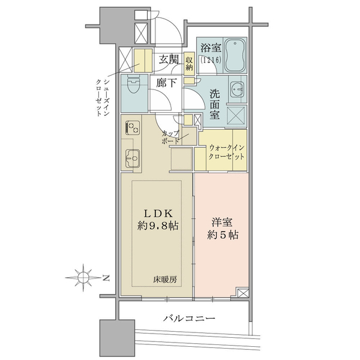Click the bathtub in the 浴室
235,56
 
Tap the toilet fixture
134,85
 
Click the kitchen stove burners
133,127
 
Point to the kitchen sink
133,158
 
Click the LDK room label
158,214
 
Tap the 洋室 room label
222,222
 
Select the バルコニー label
189,319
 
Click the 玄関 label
169,59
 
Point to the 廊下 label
166,83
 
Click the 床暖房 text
165,280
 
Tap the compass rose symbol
83,278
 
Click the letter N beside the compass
106,278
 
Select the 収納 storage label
190,64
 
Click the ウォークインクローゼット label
226,152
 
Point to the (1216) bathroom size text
211,60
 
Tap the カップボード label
170,137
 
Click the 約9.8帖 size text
158,226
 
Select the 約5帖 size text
223,235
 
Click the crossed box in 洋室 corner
243,293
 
